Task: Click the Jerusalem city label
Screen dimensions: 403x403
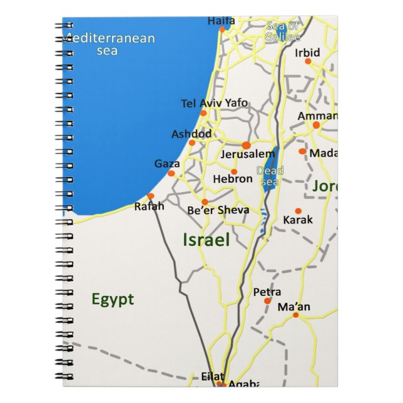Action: pyautogui.click(x=248, y=154)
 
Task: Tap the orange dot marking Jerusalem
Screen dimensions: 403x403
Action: pyautogui.click(x=246, y=145)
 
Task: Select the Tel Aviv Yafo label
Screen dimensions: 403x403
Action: pyautogui.click(x=214, y=103)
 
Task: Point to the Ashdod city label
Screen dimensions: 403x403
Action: pyautogui.click(x=191, y=134)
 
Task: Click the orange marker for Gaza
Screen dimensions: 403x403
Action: pyautogui.click(x=171, y=173)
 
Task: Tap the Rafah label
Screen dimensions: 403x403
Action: pyautogui.click(x=150, y=206)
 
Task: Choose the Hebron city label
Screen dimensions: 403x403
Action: pyautogui.click(x=233, y=179)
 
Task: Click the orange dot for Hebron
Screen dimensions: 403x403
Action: pyautogui.click(x=234, y=171)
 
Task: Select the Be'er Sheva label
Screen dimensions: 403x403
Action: pyautogui.click(x=218, y=210)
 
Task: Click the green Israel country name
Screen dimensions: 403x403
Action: pyautogui.click(x=206, y=240)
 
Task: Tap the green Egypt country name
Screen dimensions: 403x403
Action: pyautogui.click(x=113, y=299)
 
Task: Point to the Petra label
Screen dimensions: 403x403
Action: pyautogui.click(x=267, y=292)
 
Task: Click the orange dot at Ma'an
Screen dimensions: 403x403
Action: pyautogui.click(x=295, y=315)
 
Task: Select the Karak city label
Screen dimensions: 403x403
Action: pyautogui.click(x=298, y=220)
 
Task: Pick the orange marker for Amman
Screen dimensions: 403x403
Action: pyautogui.click(x=316, y=125)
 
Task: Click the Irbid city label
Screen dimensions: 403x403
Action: pyautogui.click(x=307, y=53)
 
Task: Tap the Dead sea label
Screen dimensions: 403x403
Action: pyautogui.click(x=270, y=176)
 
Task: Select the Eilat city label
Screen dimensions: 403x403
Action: pyautogui.click(x=213, y=376)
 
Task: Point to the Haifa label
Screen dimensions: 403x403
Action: pyautogui.click(x=221, y=21)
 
